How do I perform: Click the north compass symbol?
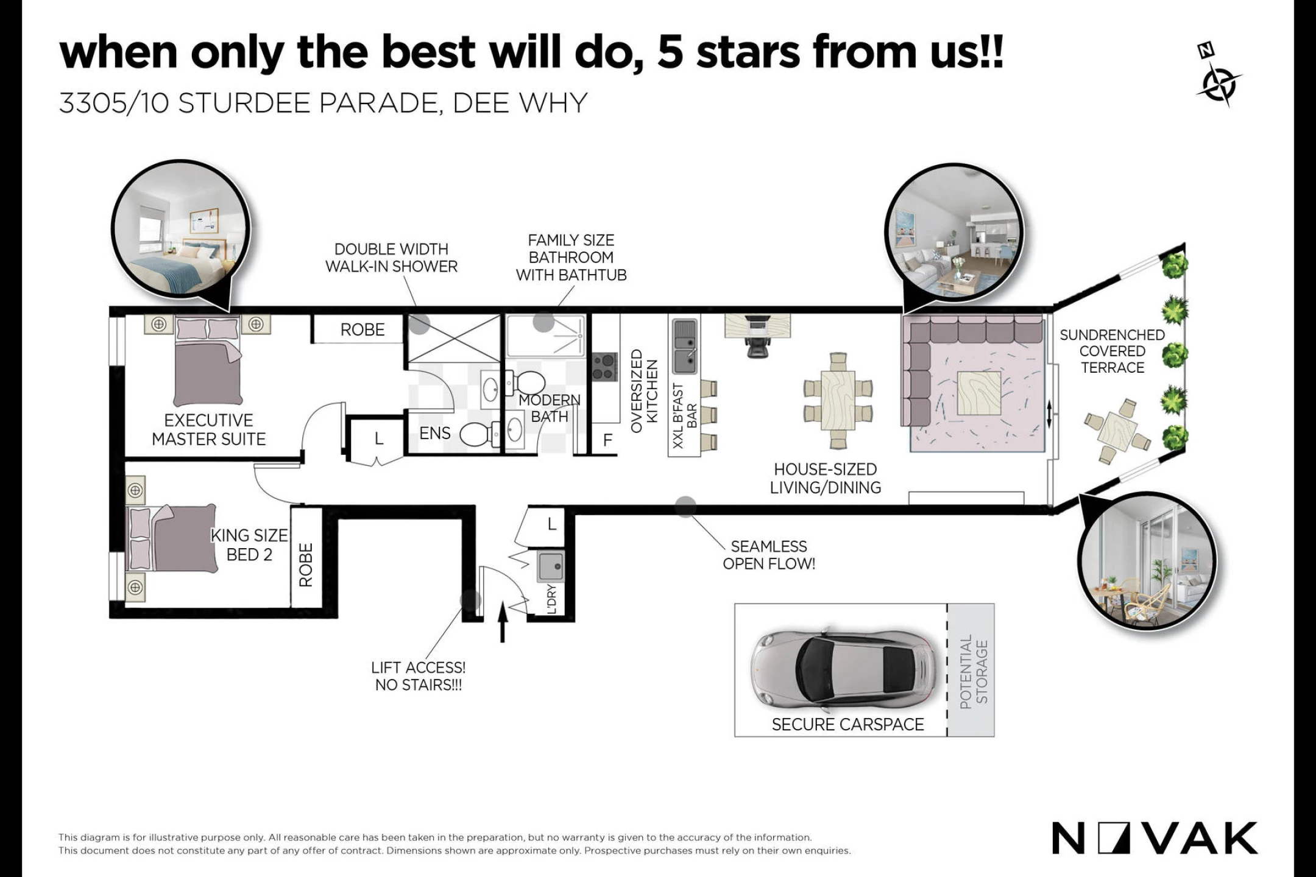click(1217, 76)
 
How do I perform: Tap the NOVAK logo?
click(1155, 839)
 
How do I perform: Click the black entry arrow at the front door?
click(503, 622)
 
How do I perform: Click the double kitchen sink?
click(685, 347)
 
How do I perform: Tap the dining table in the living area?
click(838, 400)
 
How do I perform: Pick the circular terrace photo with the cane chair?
click(1147, 561)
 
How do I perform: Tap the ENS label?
click(435, 434)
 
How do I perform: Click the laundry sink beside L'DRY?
click(551, 566)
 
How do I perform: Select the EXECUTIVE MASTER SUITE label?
click(208, 429)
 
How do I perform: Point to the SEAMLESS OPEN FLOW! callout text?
click(769, 555)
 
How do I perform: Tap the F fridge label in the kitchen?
click(607, 440)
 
